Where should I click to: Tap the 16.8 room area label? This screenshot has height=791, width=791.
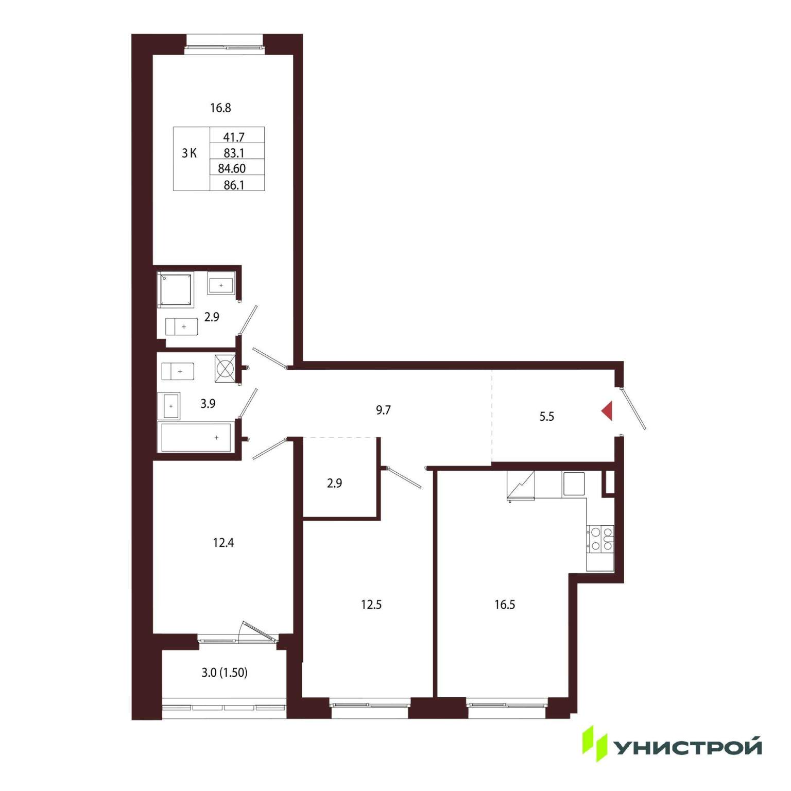pyautogui.click(x=220, y=108)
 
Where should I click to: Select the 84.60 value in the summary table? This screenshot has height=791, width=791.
pyautogui.click(x=232, y=168)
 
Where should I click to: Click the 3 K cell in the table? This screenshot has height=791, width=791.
pyautogui.click(x=189, y=153)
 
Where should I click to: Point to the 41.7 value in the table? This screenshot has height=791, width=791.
pyautogui.click(x=234, y=137)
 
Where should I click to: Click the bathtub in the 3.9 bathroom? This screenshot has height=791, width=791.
pyautogui.click(x=196, y=437)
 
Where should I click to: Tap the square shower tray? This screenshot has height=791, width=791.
pyautogui.click(x=175, y=290)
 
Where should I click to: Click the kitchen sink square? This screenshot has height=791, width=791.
pyautogui.click(x=574, y=484)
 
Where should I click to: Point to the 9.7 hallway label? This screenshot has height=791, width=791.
pyautogui.click(x=383, y=410)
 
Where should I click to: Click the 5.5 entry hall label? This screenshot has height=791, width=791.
pyautogui.click(x=546, y=417)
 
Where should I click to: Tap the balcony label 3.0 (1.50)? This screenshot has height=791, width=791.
pyautogui.click(x=225, y=673)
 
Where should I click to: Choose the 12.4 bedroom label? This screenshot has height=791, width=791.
pyautogui.click(x=223, y=543)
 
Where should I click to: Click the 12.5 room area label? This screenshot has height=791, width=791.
pyautogui.click(x=371, y=605)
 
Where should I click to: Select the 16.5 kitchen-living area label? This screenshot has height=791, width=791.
pyautogui.click(x=505, y=605)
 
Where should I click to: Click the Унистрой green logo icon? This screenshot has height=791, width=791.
pyautogui.click(x=595, y=744)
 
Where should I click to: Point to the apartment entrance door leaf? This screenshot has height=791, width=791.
pyautogui.click(x=633, y=408)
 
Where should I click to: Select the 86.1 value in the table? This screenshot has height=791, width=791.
pyautogui.click(x=234, y=185)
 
